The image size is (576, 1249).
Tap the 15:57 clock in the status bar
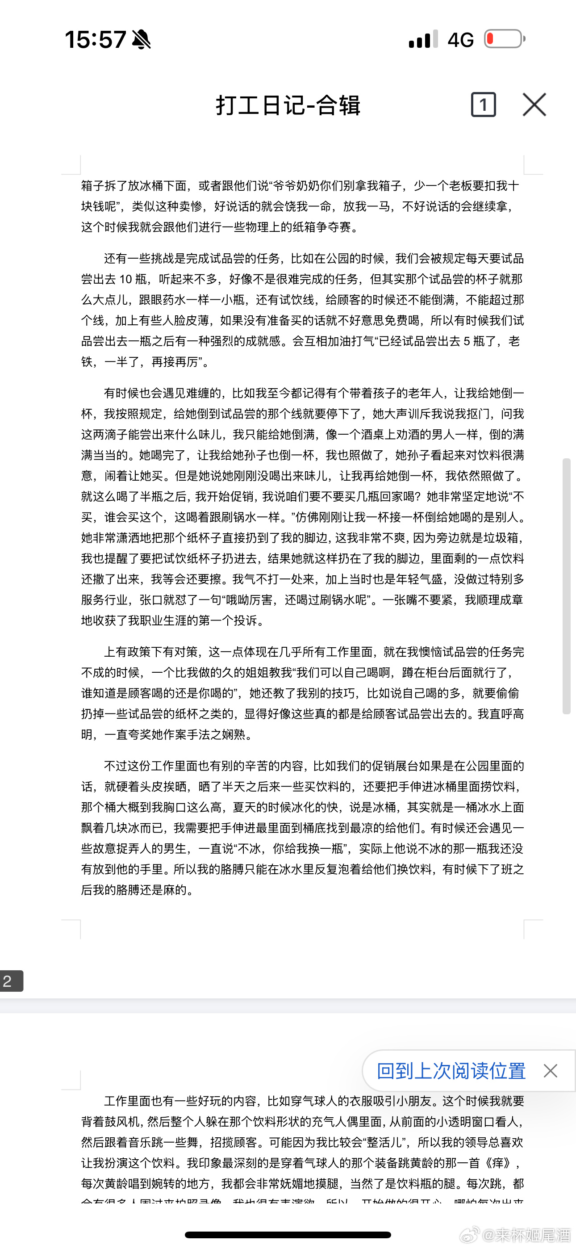[x=95, y=39]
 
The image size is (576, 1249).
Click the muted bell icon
[x=141, y=39]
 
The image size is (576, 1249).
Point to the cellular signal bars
[x=423, y=39]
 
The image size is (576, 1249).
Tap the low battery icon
[x=504, y=39]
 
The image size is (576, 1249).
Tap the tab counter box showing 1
[x=484, y=105]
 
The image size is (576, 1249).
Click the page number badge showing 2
[x=11, y=981]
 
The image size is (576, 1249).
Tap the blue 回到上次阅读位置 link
[x=451, y=1071]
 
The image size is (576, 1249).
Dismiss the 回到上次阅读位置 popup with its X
[x=550, y=1071]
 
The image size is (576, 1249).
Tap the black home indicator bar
[x=288, y=1235]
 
